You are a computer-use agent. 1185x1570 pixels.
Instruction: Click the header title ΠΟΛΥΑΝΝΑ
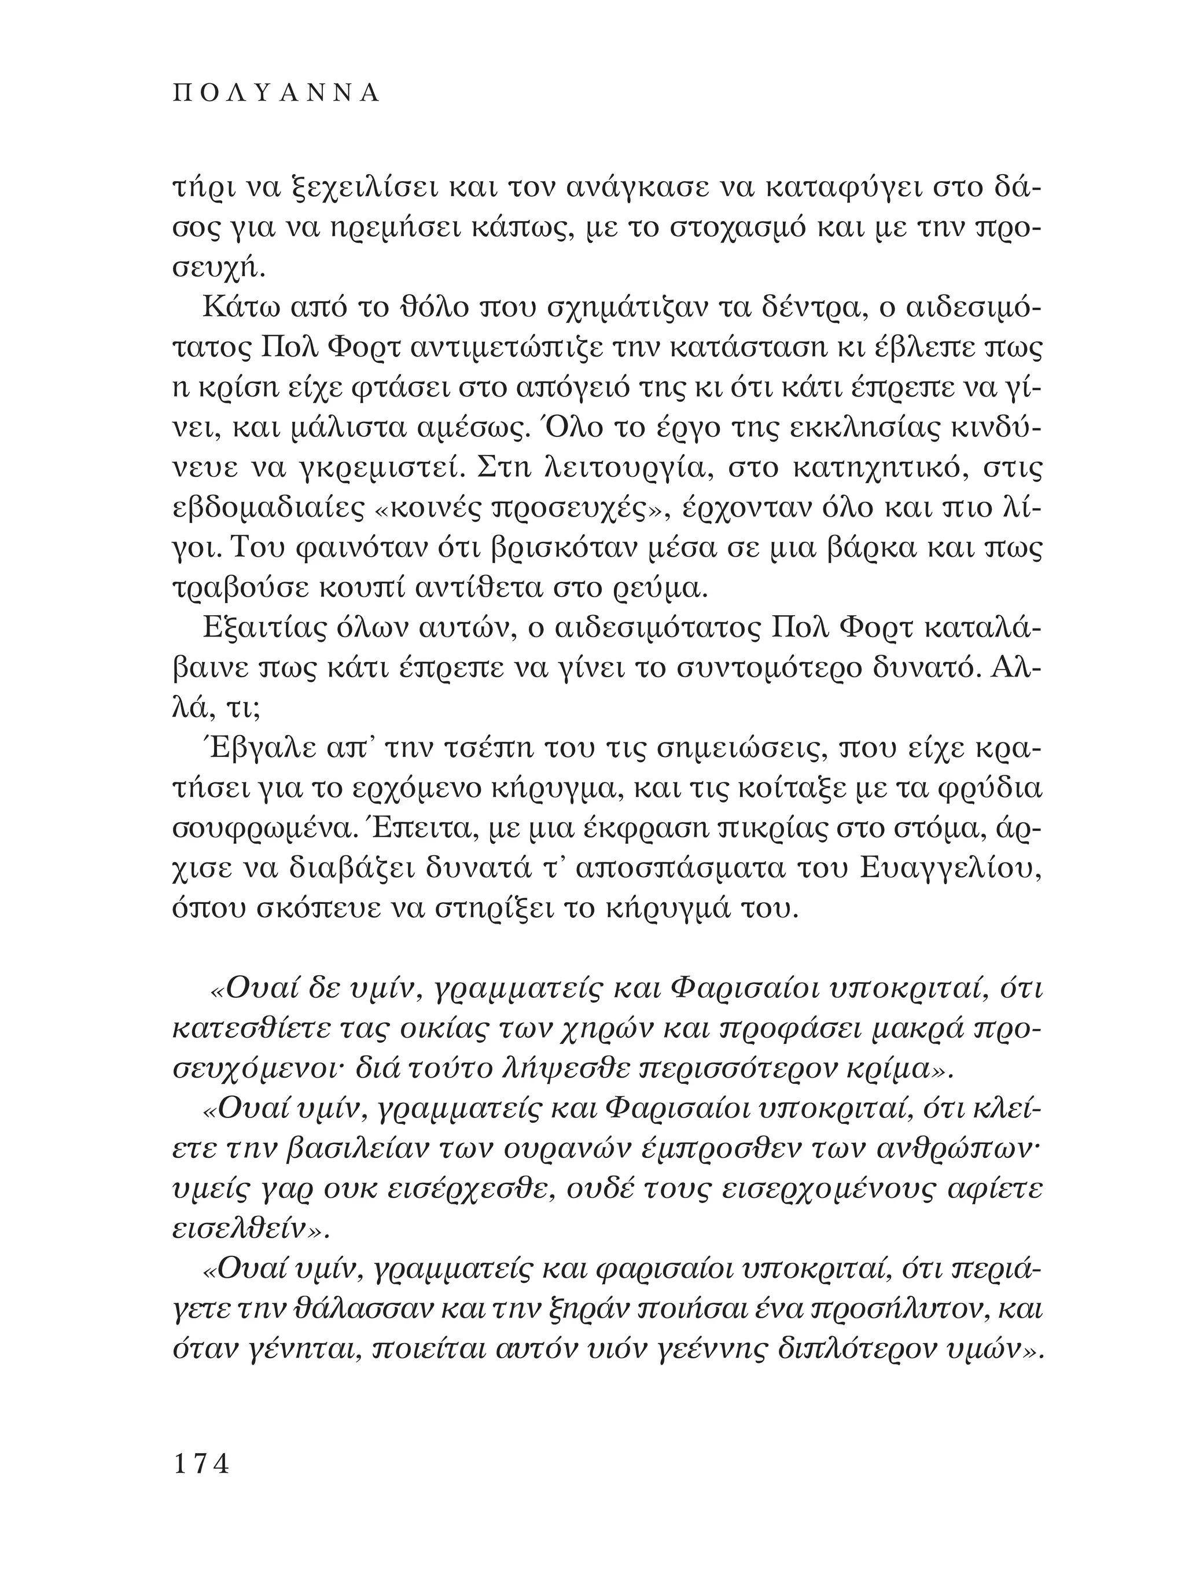(x=277, y=94)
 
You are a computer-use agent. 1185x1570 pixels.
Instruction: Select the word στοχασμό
(x=731, y=230)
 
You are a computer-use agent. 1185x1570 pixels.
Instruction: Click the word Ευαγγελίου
(x=951, y=867)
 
